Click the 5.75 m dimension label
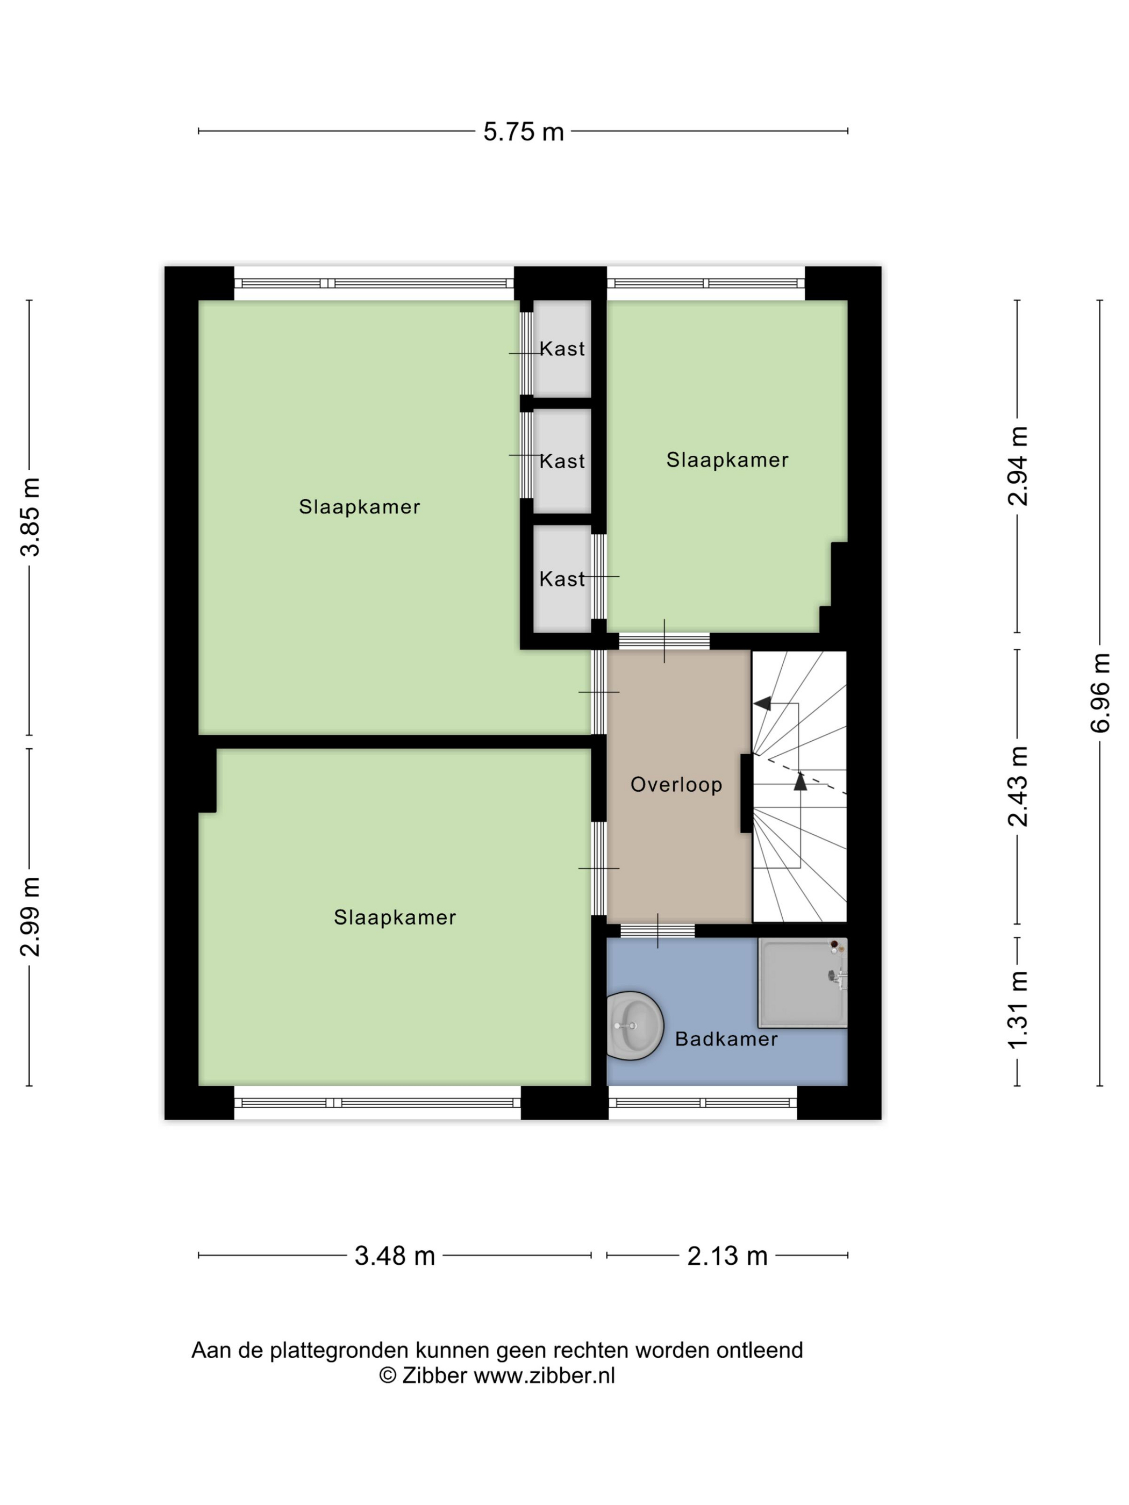click(523, 131)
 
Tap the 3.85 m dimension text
click(31, 517)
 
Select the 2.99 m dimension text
click(31, 916)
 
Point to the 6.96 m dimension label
click(1101, 693)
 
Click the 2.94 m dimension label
click(1018, 466)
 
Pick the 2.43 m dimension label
click(1018, 786)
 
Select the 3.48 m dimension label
click(395, 1256)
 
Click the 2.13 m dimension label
click(727, 1256)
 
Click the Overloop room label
click(676, 784)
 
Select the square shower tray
click(802, 982)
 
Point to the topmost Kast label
click(562, 349)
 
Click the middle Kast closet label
click(562, 461)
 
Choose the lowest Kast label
click(562, 579)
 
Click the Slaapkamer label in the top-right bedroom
click(727, 460)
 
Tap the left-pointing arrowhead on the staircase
click(762, 704)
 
